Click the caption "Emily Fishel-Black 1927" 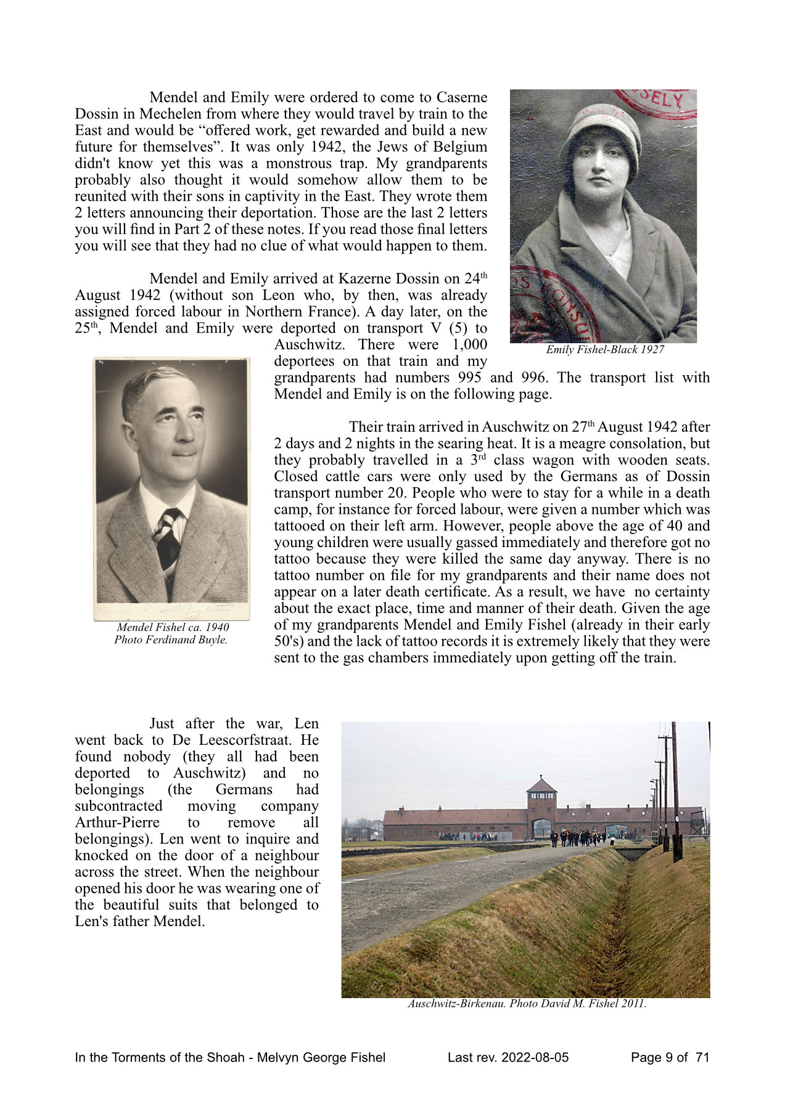[x=605, y=350]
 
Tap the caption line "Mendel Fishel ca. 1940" [x=173, y=627]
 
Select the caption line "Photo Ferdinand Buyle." [x=171, y=640]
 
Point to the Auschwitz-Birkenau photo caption [x=527, y=1004]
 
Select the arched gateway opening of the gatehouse [x=541, y=829]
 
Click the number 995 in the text [x=469, y=378]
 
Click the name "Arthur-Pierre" [x=117, y=823]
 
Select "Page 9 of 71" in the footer [x=670, y=1058]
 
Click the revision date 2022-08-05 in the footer [x=534, y=1058]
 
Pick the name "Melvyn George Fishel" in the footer [x=321, y=1058]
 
